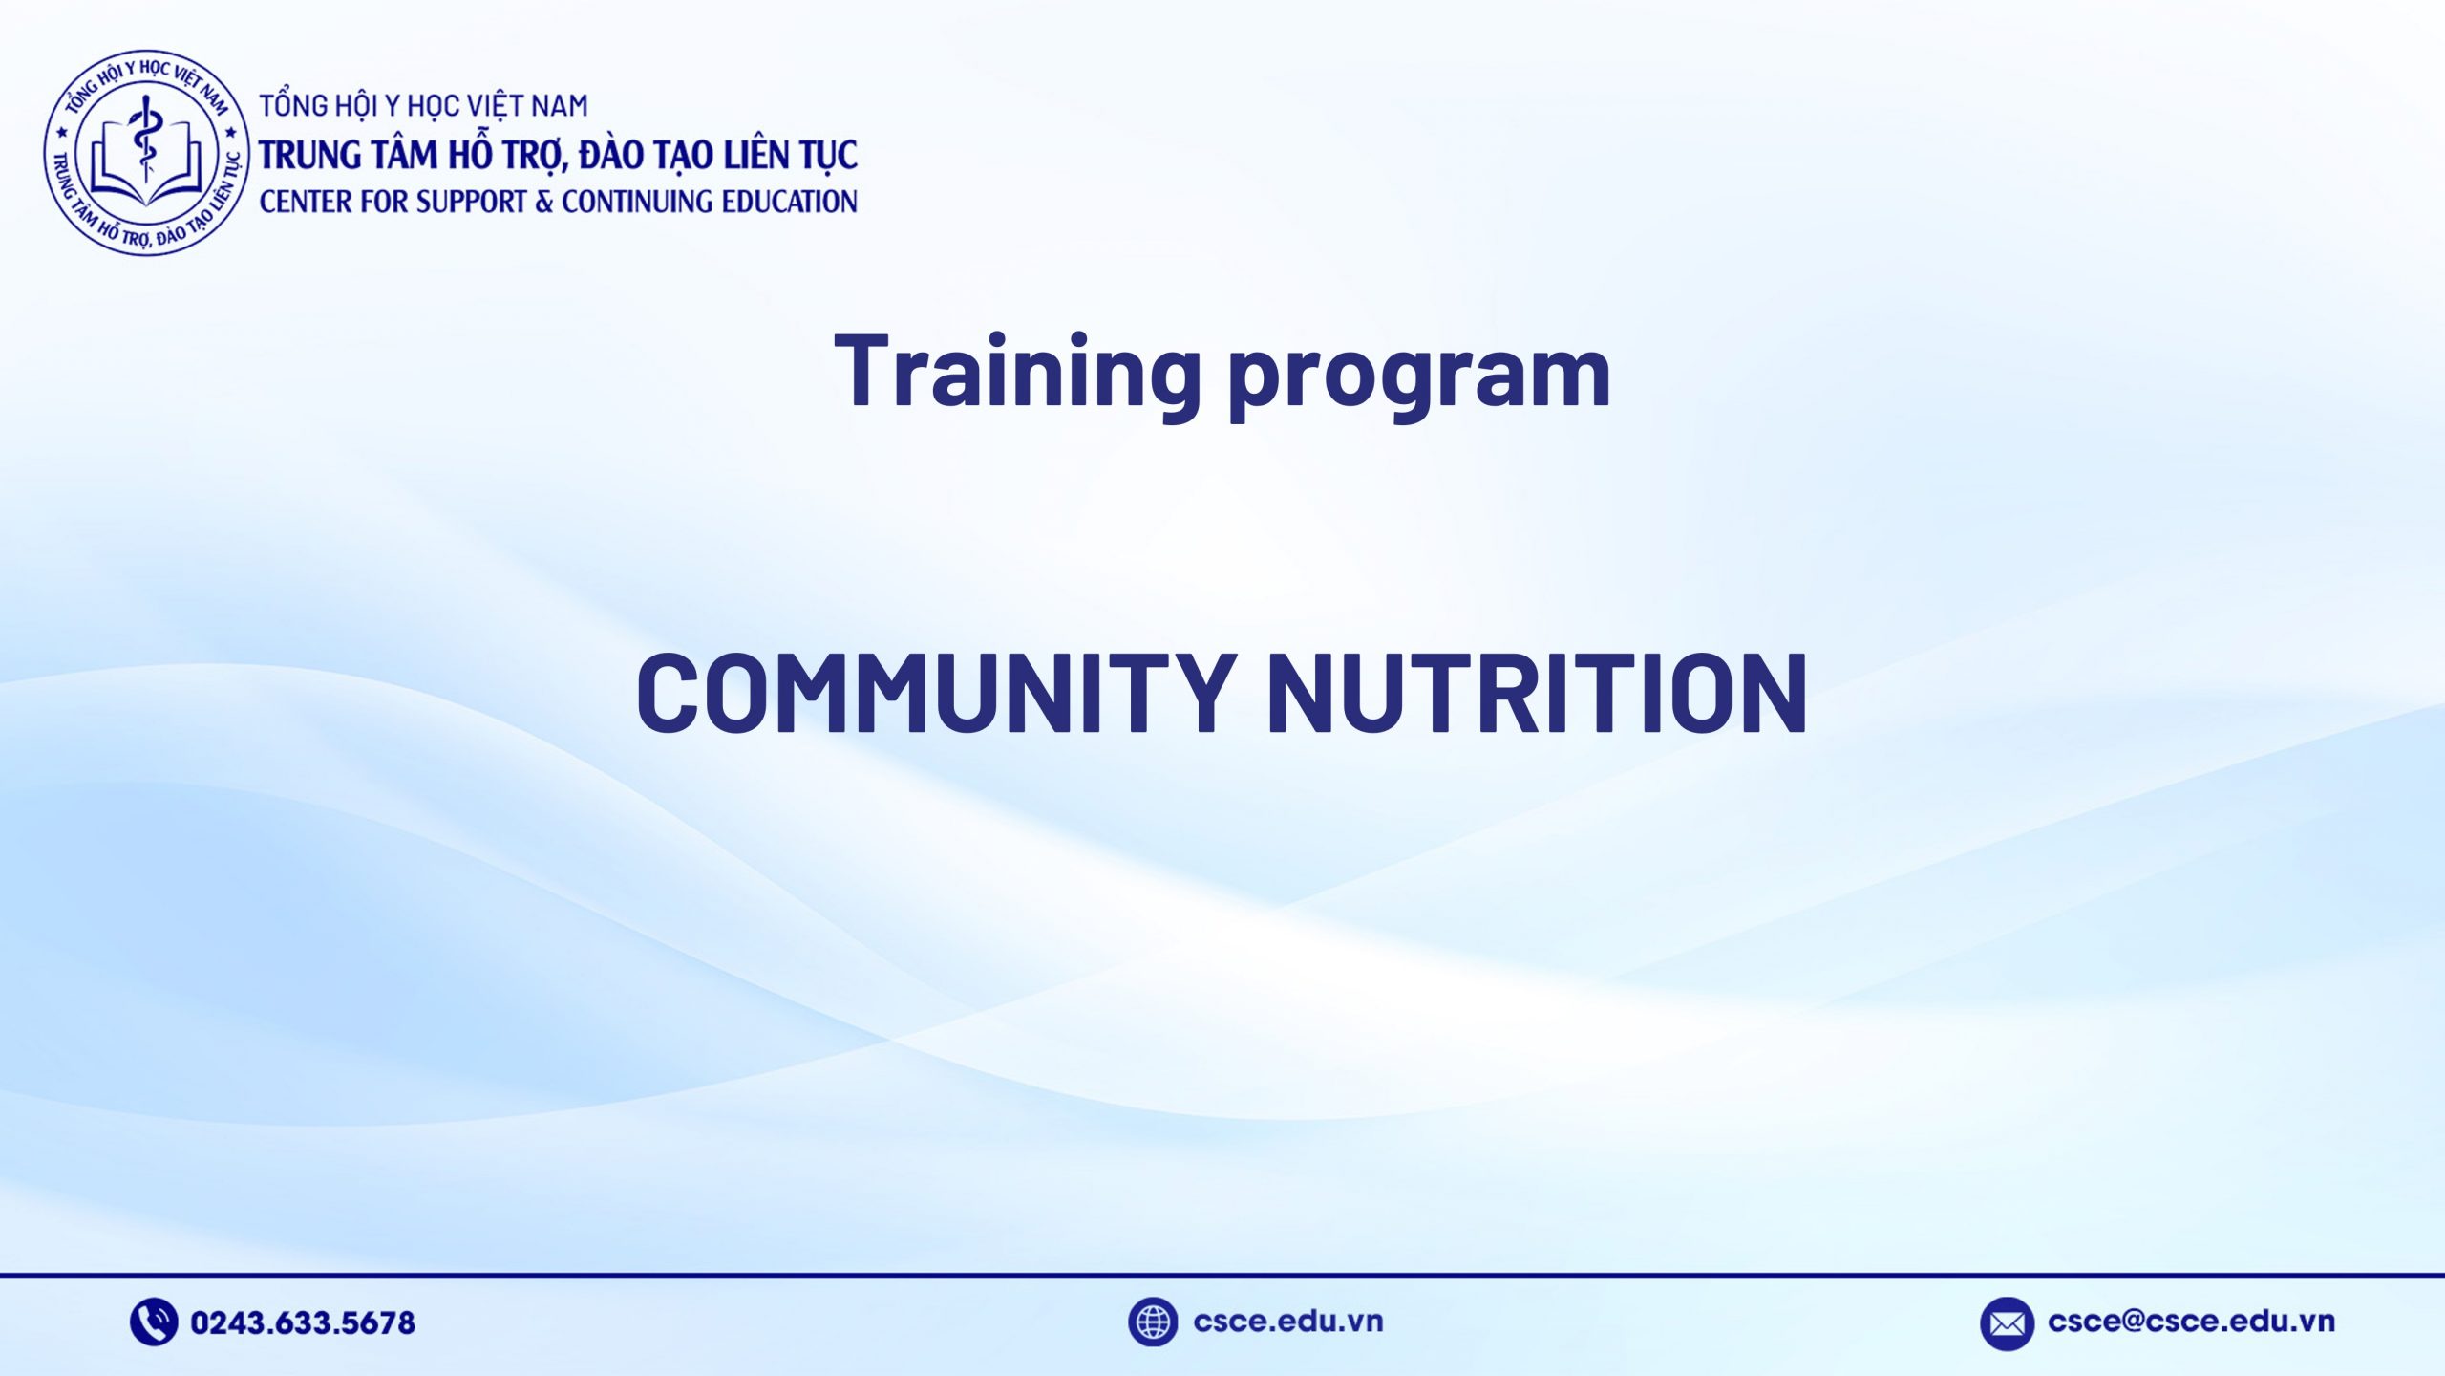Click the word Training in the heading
pyautogui.click(x=1016, y=373)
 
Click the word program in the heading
pyautogui.click(x=1419, y=377)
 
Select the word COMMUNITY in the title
pyautogui.click(x=936, y=693)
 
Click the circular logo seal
pyautogui.click(x=146, y=153)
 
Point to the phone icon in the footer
pyautogui.click(x=153, y=1322)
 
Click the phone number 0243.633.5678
pyautogui.click(x=303, y=1322)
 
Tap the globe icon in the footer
pyautogui.click(x=1152, y=1322)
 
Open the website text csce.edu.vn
pyautogui.click(x=1287, y=1321)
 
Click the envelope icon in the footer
pyautogui.click(x=2006, y=1323)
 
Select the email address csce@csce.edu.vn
pyautogui.click(x=2191, y=1321)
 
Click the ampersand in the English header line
pyautogui.click(x=543, y=202)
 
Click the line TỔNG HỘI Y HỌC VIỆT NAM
pyautogui.click(x=424, y=105)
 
